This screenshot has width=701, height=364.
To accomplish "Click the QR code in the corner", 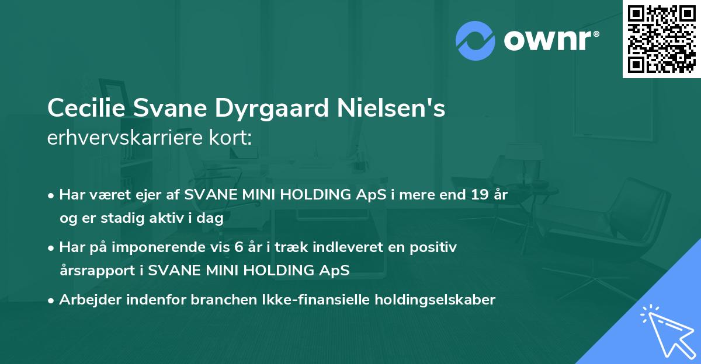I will [661, 39].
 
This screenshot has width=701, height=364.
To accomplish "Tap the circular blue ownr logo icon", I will [475, 41].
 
